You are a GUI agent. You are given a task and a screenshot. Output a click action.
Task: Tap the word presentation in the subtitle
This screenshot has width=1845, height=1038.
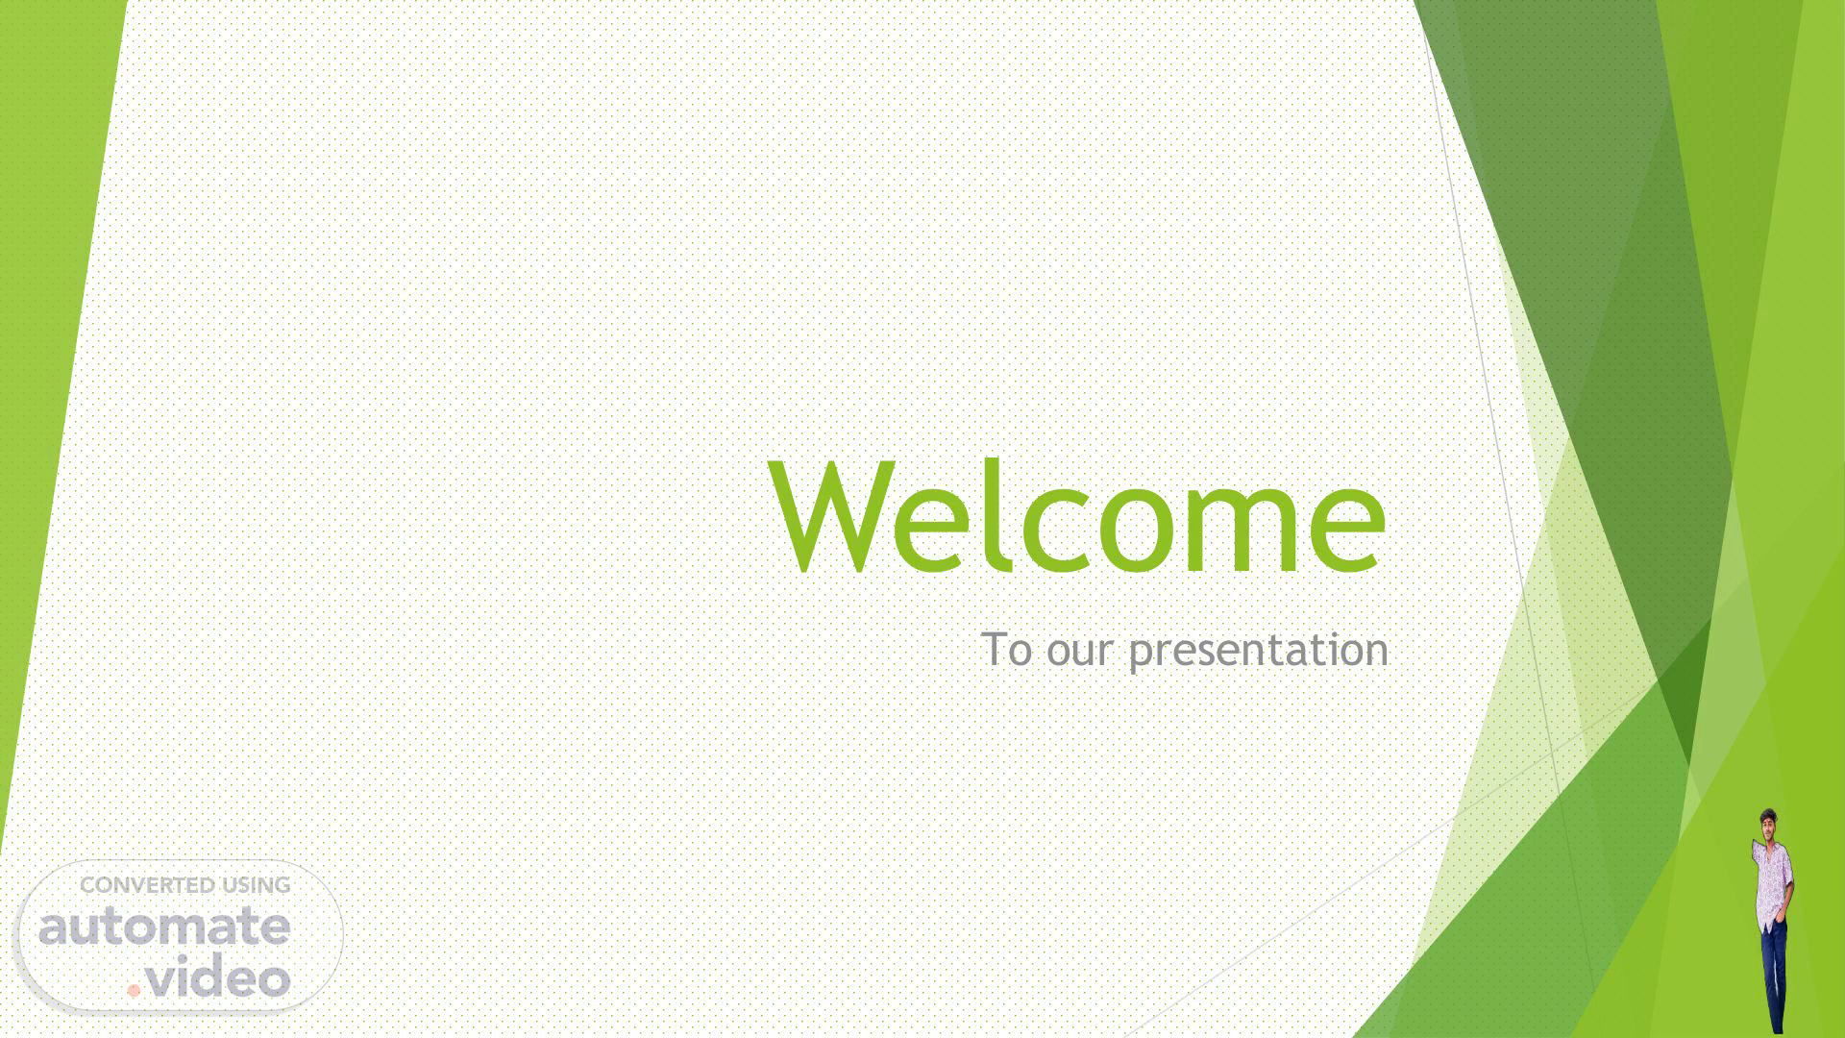(x=1259, y=652)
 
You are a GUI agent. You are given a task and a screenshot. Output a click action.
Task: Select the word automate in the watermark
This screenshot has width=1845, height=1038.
(x=164, y=927)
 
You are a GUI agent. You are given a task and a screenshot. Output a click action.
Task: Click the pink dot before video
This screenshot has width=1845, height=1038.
(x=135, y=989)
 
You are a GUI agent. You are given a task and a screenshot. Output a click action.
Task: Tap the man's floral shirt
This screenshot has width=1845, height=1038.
(x=1772, y=882)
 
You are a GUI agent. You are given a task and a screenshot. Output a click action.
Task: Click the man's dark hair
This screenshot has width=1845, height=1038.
(x=1769, y=814)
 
